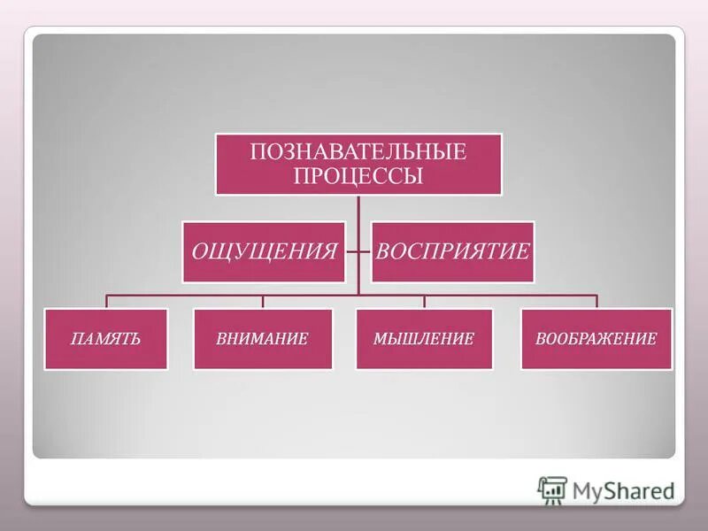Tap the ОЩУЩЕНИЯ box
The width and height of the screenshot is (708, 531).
tap(264, 251)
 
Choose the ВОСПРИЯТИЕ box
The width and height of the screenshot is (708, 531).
tap(452, 251)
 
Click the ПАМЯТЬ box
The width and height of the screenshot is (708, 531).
tap(106, 339)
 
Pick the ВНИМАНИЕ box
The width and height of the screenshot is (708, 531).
tap(263, 339)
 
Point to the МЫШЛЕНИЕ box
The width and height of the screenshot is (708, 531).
tap(424, 339)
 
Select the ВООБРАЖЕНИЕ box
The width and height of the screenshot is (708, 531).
tap(596, 339)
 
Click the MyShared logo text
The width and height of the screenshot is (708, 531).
tap(623, 489)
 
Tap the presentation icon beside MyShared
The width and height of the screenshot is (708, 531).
tap(552, 489)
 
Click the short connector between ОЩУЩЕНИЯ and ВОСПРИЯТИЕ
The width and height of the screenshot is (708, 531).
tap(358, 251)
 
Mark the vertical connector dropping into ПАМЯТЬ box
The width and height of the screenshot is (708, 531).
tap(106, 301)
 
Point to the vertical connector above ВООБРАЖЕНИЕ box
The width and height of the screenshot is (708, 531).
tap(596, 301)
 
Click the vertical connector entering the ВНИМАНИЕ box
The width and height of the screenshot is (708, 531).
tap(263, 301)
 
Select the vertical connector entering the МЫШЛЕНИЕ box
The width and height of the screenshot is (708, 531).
tap(424, 301)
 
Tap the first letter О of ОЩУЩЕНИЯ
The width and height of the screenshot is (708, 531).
tap(201, 251)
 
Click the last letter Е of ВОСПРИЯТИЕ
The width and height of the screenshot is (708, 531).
tap(523, 251)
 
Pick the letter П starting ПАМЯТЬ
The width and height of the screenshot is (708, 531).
tap(77, 339)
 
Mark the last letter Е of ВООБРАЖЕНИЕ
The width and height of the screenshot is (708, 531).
tap(651, 339)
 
